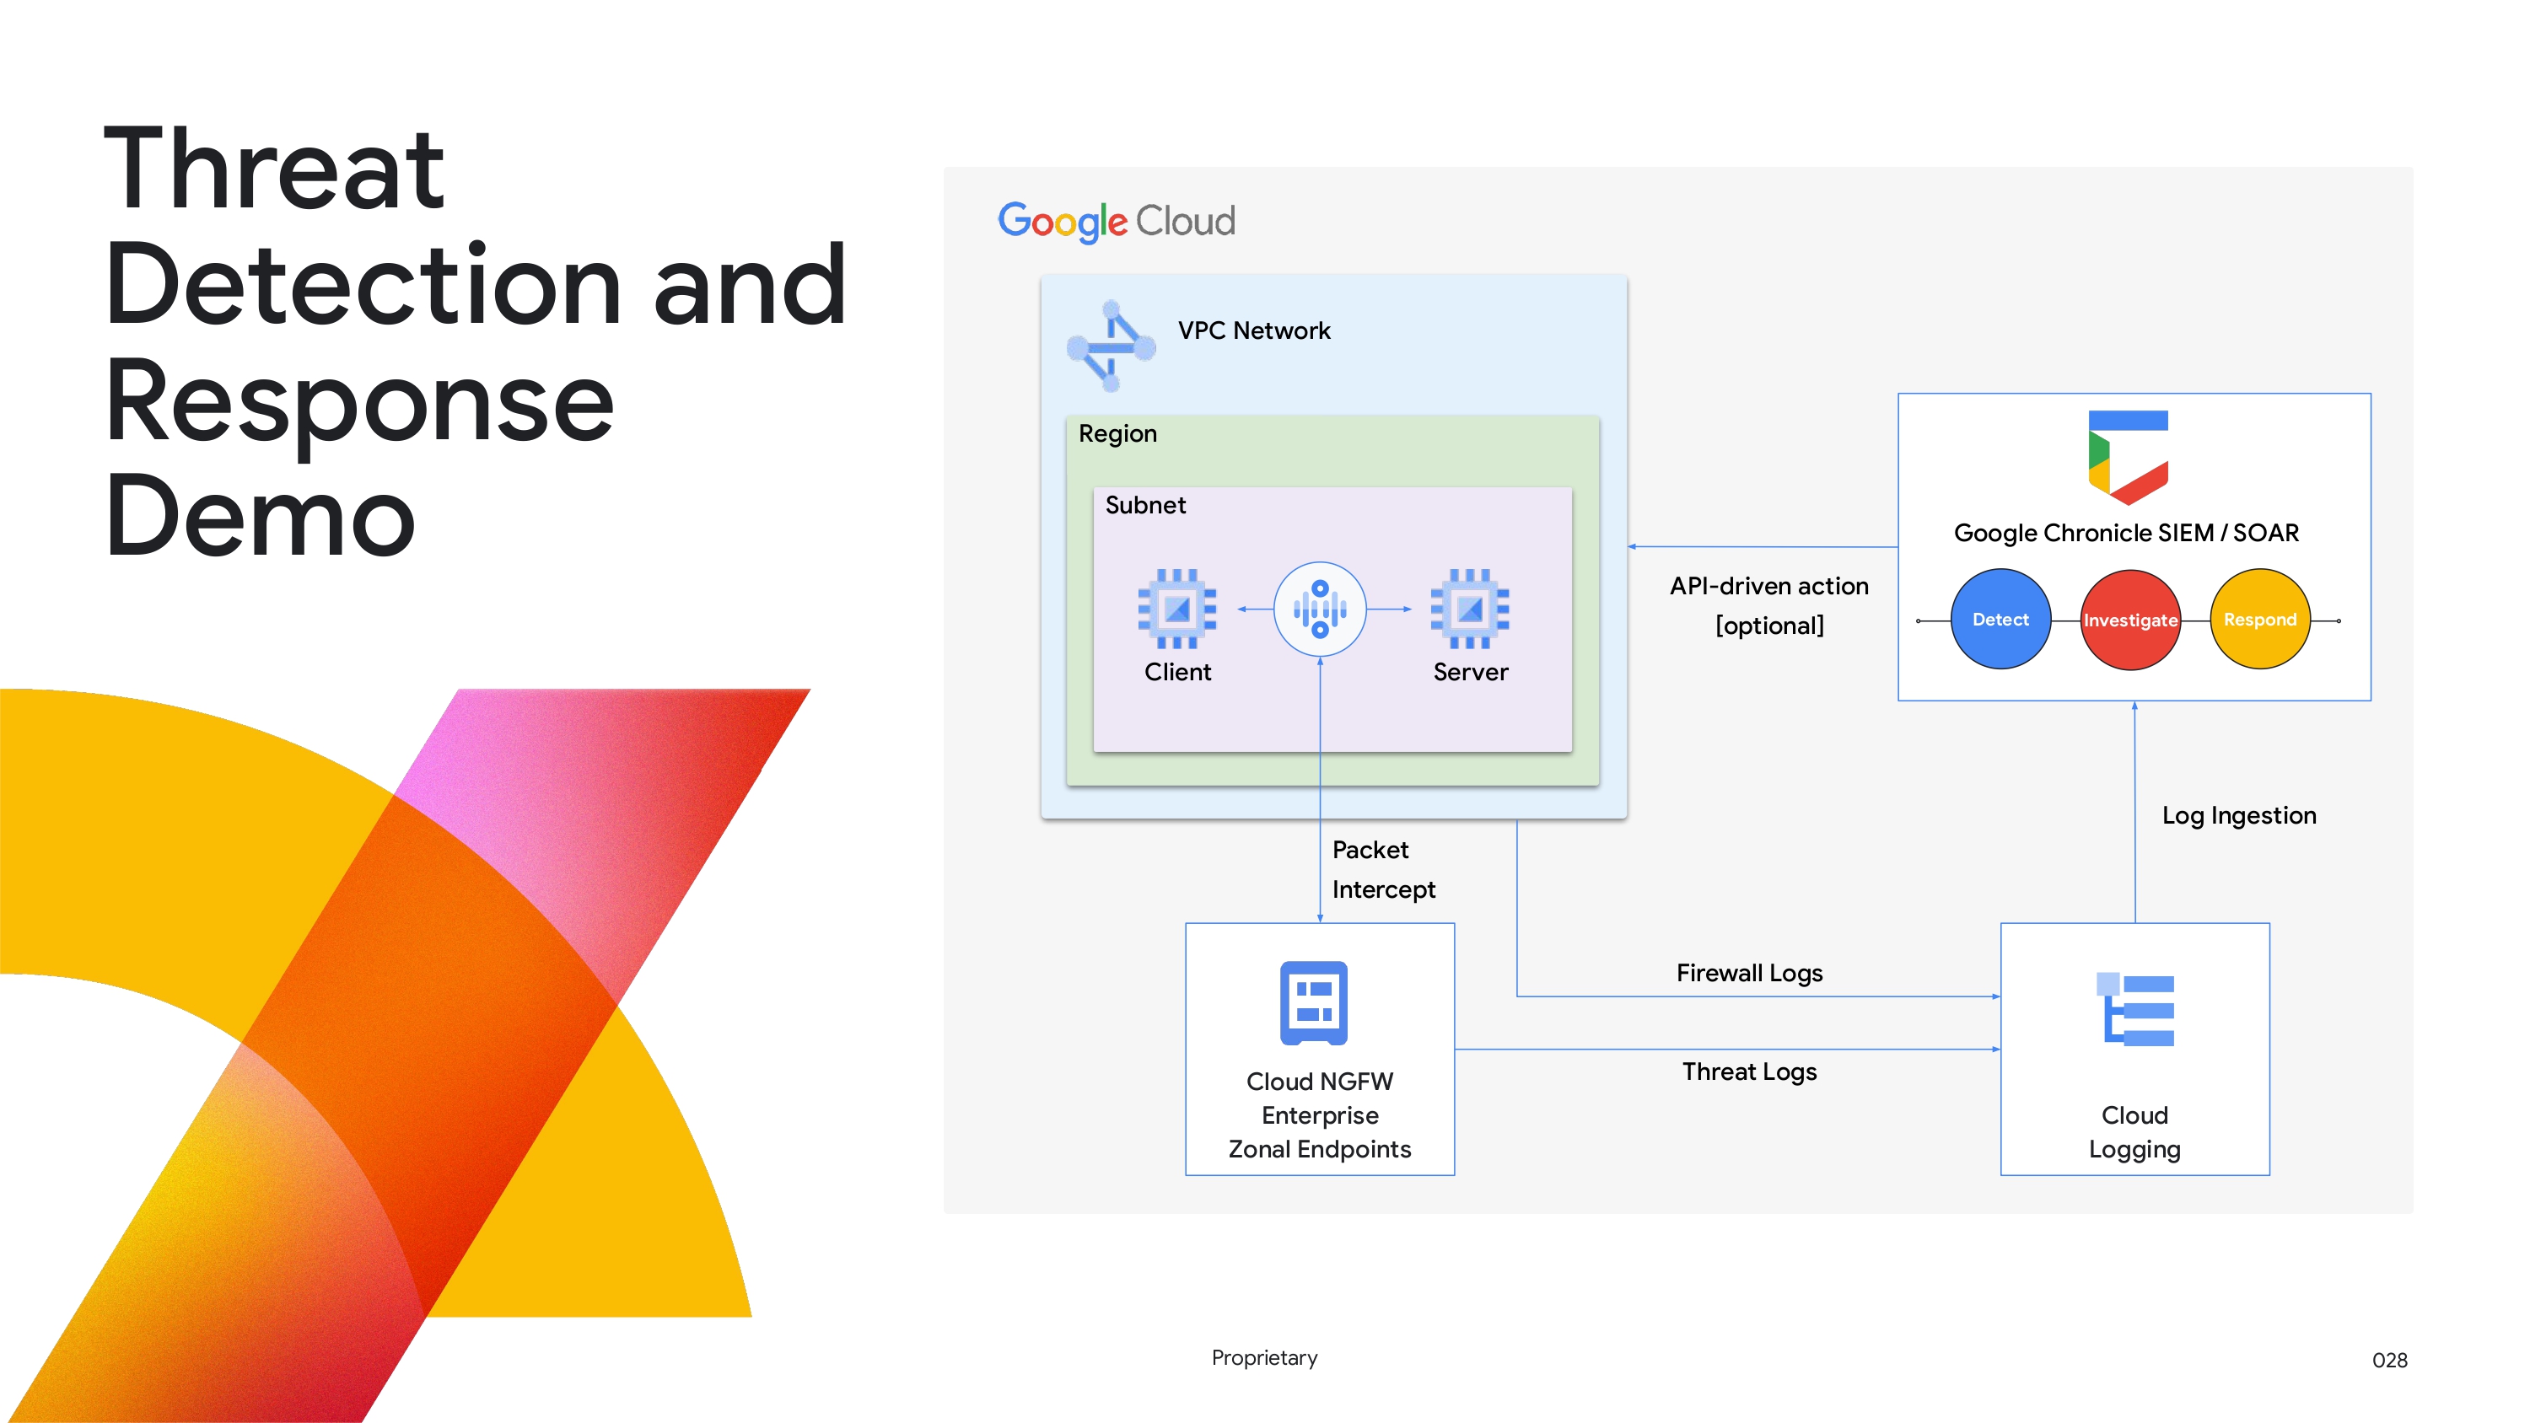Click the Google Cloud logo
tap(1116, 221)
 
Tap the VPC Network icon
tap(1111, 346)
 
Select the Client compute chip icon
tap(1176, 609)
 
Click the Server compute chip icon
tap(1469, 609)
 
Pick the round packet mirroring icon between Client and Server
tap(1319, 609)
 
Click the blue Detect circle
tap(2000, 620)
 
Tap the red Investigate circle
tap(2129, 620)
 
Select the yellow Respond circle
tap(2259, 620)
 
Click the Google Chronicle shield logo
tap(2128, 457)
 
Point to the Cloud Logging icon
tap(2135, 1011)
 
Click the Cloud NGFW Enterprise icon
tap(1313, 1002)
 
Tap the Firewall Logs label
tap(1748, 973)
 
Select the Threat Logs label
tap(1748, 1071)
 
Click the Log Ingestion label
tap(2238, 815)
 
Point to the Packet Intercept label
tap(1382, 869)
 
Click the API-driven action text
tap(1768, 586)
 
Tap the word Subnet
tap(1144, 505)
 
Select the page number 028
tap(2388, 1360)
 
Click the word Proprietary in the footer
tap(1264, 1357)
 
